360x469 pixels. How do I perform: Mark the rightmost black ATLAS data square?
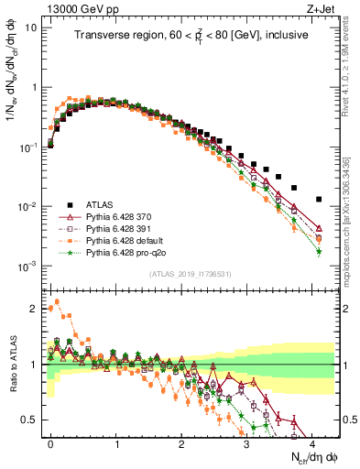point(319,199)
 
